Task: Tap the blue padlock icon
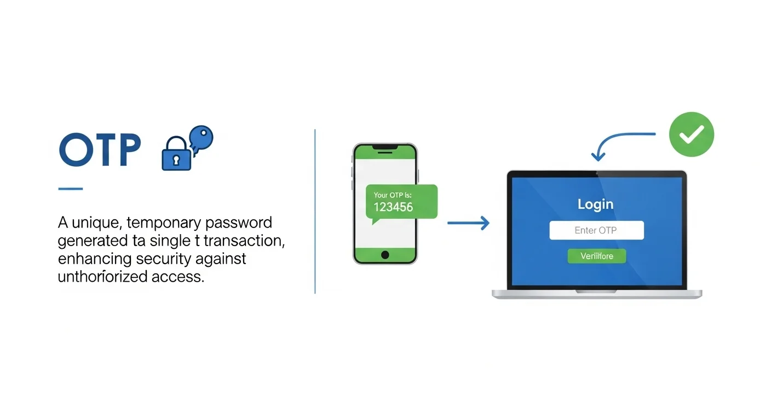176,156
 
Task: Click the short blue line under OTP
71,189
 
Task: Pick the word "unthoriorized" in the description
103,277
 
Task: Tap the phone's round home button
385,255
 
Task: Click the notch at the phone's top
385,148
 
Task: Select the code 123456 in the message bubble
393,207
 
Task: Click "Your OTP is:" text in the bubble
393,195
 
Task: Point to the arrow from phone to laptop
468,223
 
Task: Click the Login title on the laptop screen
596,205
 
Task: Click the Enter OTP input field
596,230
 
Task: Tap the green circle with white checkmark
692,134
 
